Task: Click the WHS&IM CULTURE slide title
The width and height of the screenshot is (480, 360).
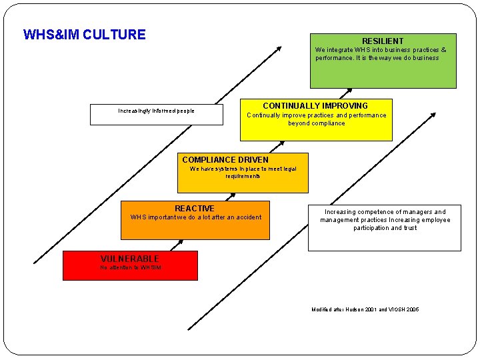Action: pos(84,35)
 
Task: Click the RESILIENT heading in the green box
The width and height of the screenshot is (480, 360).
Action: pos(382,41)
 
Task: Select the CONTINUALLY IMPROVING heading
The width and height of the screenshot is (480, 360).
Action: pos(315,106)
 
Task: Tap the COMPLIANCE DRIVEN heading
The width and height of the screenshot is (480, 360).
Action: pos(225,160)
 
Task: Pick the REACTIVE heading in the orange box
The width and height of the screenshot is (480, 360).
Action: pos(195,209)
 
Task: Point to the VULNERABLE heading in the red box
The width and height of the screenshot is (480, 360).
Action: pos(129,259)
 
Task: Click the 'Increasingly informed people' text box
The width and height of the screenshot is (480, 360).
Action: pos(156,111)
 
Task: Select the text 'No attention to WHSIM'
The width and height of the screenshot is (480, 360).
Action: pos(130,268)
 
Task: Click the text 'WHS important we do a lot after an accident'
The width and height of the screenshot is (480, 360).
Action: pos(196,217)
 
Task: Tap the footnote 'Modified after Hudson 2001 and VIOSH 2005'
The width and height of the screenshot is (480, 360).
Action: pos(365,310)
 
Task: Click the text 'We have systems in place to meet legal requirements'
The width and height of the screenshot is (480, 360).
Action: pos(243,173)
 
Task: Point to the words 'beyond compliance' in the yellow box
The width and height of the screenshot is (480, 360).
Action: pos(316,123)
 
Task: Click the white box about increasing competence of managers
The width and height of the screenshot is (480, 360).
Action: pos(385,227)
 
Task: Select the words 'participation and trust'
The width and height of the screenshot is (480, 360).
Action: pos(385,228)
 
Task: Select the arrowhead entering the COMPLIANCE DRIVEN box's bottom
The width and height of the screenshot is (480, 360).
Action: pos(233,196)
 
